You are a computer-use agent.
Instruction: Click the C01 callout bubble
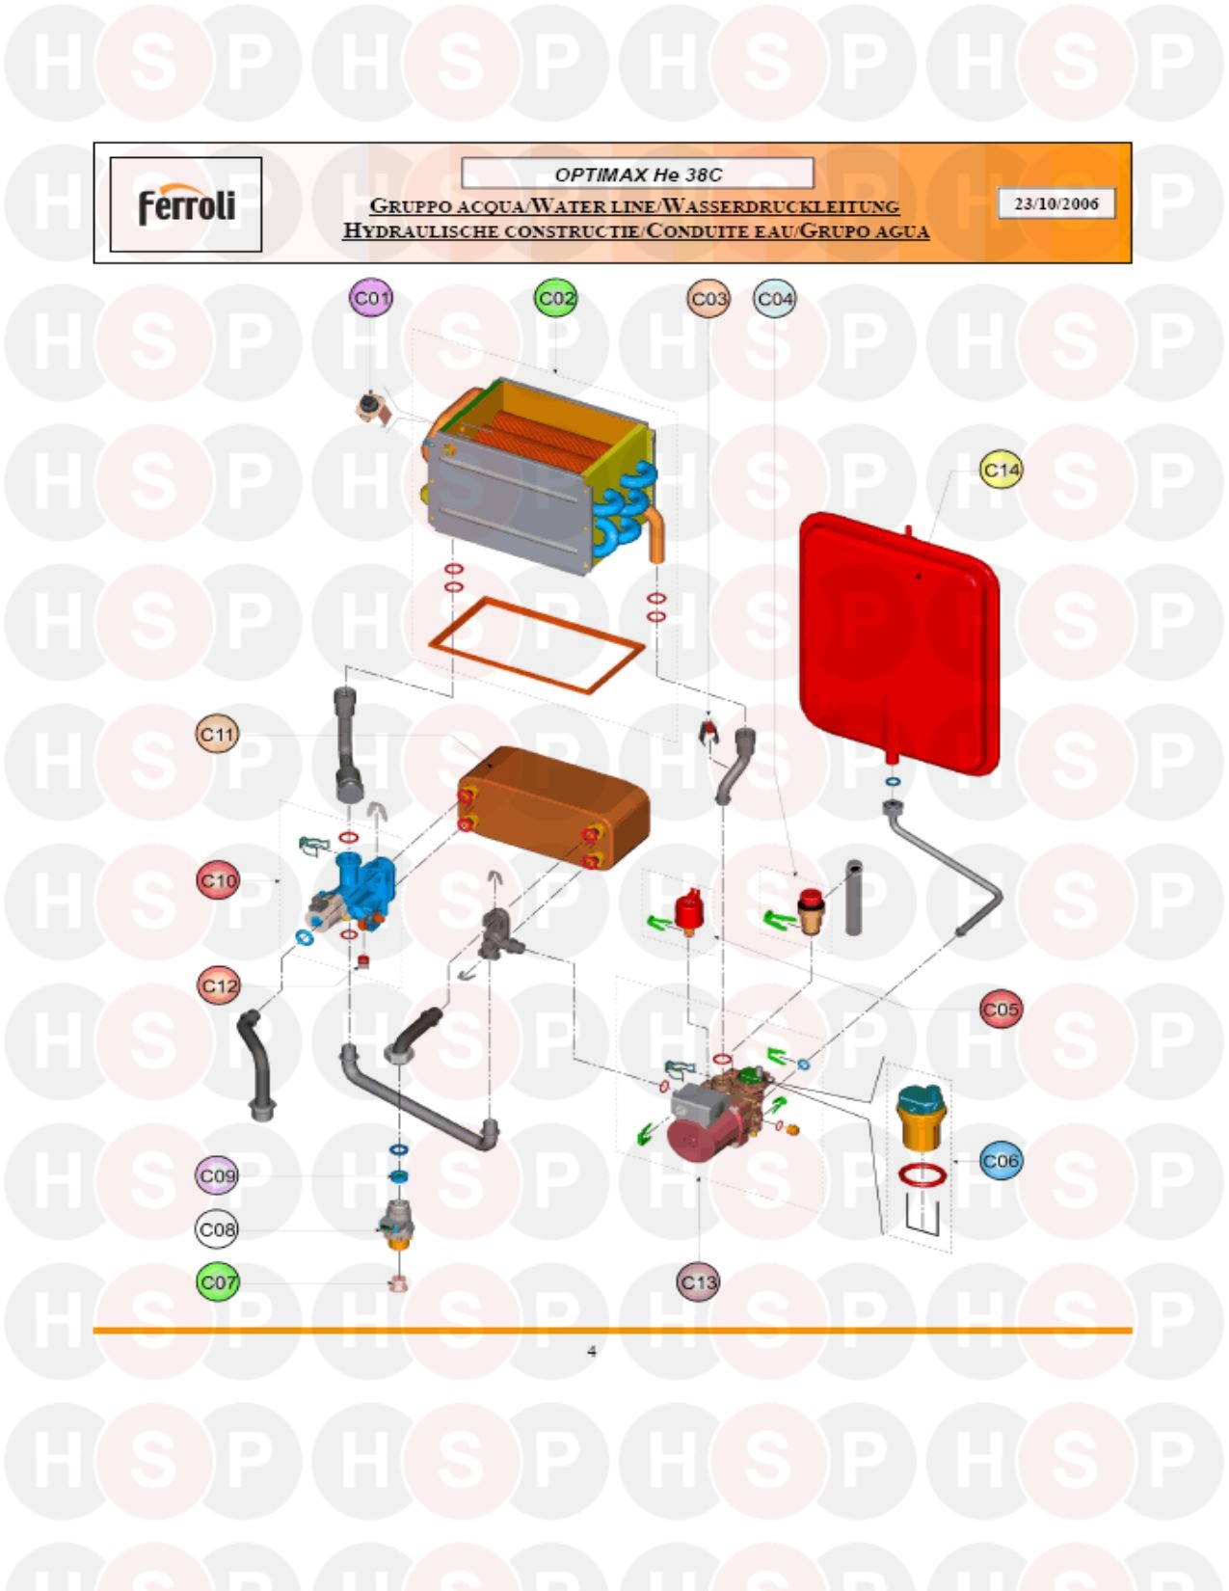(x=370, y=298)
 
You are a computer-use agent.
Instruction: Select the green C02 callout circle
(x=555, y=298)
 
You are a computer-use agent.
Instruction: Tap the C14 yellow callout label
(x=1001, y=470)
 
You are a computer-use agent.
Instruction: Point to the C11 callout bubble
(x=218, y=734)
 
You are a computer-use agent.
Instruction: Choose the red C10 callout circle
(x=218, y=880)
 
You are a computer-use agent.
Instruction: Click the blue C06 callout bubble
(x=1001, y=1160)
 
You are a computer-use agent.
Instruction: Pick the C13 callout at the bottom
(x=698, y=1282)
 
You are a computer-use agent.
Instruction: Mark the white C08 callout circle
(x=217, y=1229)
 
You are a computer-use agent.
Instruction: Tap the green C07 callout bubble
(x=218, y=1282)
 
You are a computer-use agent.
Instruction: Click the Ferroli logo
(x=187, y=204)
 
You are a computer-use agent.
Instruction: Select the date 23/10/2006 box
(x=1056, y=203)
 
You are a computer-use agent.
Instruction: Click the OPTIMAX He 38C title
(x=637, y=175)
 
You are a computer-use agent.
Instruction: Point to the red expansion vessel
(x=899, y=644)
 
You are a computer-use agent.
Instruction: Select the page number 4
(x=592, y=1352)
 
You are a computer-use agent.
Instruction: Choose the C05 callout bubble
(x=1001, y=1009)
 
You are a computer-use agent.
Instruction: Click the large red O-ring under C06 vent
(x=922, y=1173)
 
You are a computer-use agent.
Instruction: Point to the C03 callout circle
(x=708, y=299)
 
